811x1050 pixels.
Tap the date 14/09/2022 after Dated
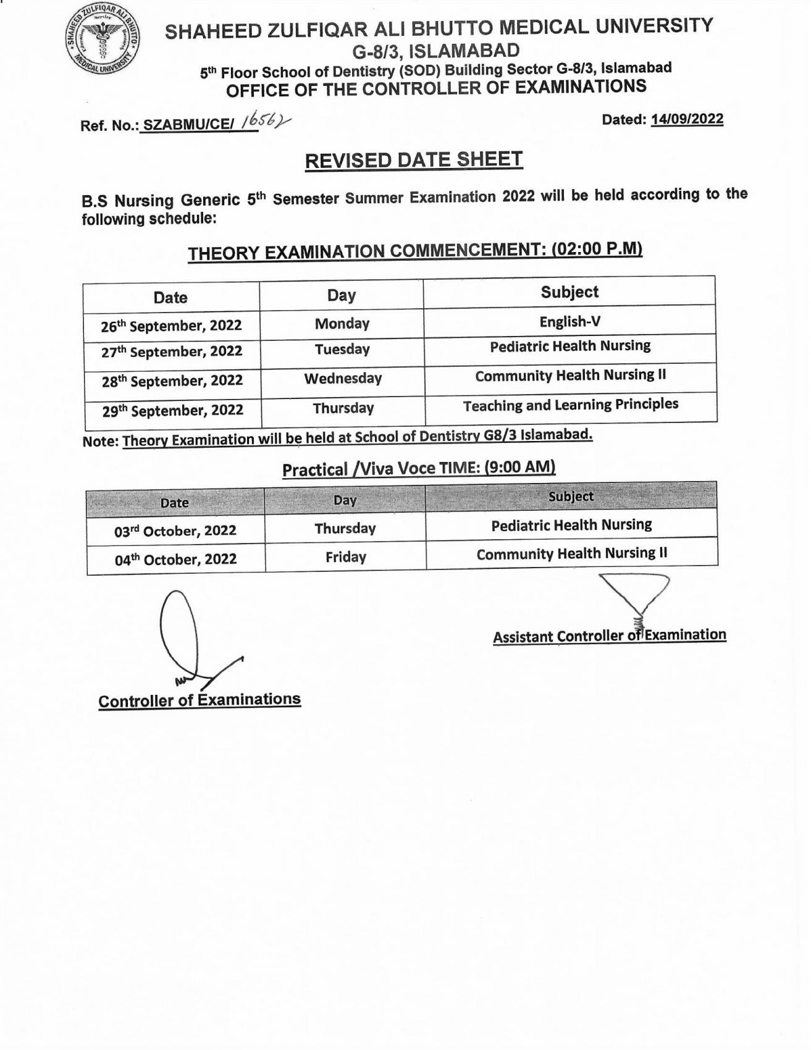pos(686,119)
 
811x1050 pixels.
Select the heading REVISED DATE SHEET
pos(414,161)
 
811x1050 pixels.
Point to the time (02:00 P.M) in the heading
pos(597,249)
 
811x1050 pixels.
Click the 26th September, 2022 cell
pos(171,325)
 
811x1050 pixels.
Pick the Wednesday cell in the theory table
pos(343,379)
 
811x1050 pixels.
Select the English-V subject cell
pos(569,321)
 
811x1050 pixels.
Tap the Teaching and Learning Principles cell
pos(570,405)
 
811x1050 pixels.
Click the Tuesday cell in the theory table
pos(342,350)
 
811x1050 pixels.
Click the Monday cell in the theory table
pos(342,324)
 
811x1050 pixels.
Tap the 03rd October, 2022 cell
pos(175,531)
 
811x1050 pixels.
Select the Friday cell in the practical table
pos(345,557)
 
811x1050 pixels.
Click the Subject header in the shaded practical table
pos(571,497)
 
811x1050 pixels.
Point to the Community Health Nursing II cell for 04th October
pos(571,554)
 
